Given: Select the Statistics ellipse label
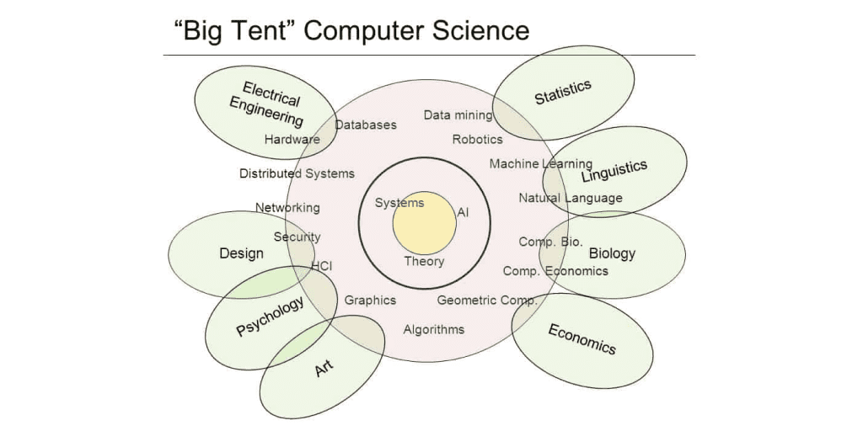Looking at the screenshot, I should pyautogui.click(x=563, y=92).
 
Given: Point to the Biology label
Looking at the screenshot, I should pyautogui.click(x=612, y=253).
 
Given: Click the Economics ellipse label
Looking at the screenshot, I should pyautogui.click(x=582, y=338).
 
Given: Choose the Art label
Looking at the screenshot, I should pyautogui.click(x=324, y=368).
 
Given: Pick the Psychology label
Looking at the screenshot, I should pyautogui.click(x=270, y=317).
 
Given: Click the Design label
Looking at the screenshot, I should pyautogui.click(x=241, y=253).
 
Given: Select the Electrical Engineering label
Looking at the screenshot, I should pyautogui.click(x=266, y=105).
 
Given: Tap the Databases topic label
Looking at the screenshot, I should pyautogui.click(x=366, y=125).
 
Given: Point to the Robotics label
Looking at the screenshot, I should pyautogui.click(x=477, y=139).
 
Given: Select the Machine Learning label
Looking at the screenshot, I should pyautogui.click(x=540, y=164).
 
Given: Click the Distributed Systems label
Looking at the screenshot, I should pyautogui.click(x=297, y=173).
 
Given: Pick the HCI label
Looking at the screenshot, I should pyautogui.click(x=322, y=266).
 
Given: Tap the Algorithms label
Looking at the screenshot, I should pyautogui.click(x=433, y=329).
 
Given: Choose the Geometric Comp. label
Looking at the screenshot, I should pyautogui.click(x=487, y=301).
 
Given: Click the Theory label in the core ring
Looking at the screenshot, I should pyautogui.click(x=424, y=261).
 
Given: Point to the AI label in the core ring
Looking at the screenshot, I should pyautogui.click(x=463, y=212).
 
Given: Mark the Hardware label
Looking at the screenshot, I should pyautogui.click(x=292, y=140).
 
